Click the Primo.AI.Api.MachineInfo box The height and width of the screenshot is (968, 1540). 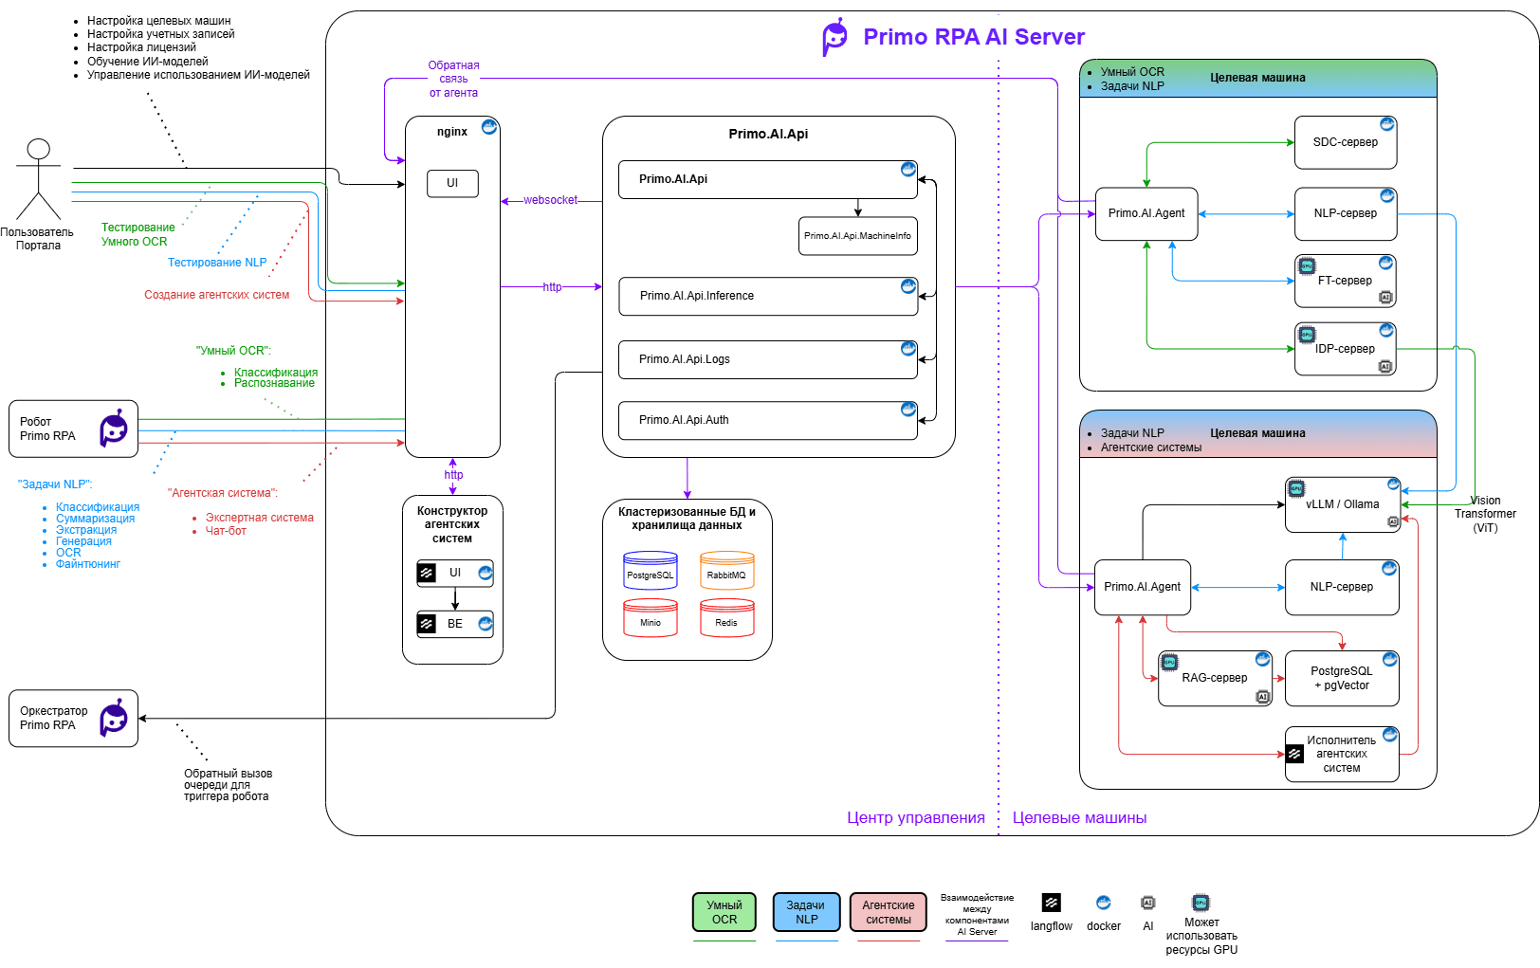click(x=857, y=236)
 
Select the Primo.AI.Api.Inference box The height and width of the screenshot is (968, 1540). click(x=768, y=297)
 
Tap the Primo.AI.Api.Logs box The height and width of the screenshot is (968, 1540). click(x=768, y=359)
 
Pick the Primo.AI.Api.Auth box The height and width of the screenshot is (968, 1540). click(x=768, y=420)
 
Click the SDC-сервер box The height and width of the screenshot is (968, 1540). click(x=1346, y=142)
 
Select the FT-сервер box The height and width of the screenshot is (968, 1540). click(x=1346, y=282)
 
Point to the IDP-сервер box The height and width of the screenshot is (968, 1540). click(x=1346, y=349)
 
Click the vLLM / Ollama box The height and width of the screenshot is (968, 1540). click(x=1342, y=504)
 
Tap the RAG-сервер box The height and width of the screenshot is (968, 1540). click(x=1215, y=679)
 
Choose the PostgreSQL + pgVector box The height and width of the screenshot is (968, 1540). click(x=1342, y=679)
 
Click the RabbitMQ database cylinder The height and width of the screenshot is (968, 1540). click(x=726, y=571)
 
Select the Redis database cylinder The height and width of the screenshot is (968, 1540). click(x=726, y=618)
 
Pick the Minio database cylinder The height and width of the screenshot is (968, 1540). click(x=651, y=618)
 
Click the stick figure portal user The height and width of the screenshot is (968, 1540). click(x=39, y=179)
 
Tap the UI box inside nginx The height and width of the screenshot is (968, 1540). click(x=452, y=184)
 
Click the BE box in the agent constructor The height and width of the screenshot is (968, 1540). click(x=455, y=624)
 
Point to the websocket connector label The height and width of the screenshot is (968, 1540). click(x=551, y=200)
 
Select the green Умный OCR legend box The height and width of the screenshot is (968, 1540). click(x=724, y=912)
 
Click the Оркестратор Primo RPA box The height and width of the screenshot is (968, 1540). click(x=74, y=719)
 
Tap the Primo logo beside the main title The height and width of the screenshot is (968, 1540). click(x=834, y=37)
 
